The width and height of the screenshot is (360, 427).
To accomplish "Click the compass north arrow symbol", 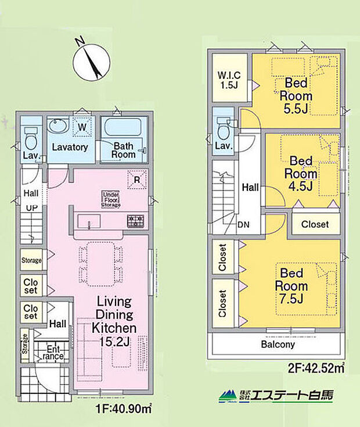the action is [91, 61].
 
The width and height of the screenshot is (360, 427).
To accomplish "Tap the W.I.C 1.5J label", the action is [229, 80].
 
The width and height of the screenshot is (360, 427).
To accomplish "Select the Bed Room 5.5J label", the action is [296, 96].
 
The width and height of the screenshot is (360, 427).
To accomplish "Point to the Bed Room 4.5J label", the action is [301, 174].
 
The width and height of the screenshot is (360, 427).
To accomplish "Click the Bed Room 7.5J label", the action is [291, 286].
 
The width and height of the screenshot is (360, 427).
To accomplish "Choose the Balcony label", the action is [278, 344].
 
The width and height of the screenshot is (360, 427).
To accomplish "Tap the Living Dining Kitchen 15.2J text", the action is [114, 322].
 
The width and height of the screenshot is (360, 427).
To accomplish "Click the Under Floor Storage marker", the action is [111, 200].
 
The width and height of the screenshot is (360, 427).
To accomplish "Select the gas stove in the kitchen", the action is [135, 221].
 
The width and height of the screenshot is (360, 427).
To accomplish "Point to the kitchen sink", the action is [89, 221].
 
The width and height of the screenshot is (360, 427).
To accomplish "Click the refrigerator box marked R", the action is [137, 180].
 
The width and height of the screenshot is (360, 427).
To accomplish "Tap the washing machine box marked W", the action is [82, 127].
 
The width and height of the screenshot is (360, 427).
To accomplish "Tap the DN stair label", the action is [243, 225].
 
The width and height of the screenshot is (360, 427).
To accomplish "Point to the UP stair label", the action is [32, 208].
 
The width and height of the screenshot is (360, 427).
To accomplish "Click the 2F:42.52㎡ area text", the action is [316, 368].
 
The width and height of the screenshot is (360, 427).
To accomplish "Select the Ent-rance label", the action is [53, 353].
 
